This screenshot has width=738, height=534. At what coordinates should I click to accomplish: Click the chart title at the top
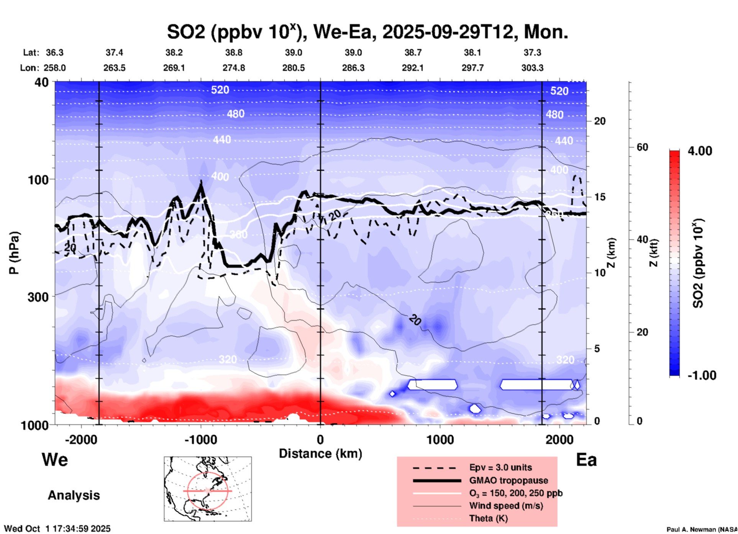(367, 32)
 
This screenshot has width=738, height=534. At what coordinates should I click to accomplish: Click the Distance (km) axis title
(320, 454)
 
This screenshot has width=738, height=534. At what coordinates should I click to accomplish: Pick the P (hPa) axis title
(14, 253)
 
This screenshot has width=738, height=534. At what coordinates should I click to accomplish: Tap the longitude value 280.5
(294, 68)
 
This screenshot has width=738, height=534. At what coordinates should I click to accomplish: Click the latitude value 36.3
(54, 52)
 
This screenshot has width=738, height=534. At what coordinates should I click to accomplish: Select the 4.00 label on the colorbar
(700, 151)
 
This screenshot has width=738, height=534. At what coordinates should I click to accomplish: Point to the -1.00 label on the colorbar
(702, 375)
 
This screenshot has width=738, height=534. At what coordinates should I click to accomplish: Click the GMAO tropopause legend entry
(508, 480)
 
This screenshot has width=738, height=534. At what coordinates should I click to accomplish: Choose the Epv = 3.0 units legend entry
(500, 467)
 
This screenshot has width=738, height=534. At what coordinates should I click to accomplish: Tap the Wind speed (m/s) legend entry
(506, 506)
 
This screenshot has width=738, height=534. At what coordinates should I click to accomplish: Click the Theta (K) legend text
(488, 518)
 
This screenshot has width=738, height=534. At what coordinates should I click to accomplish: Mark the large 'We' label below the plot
(55, 459)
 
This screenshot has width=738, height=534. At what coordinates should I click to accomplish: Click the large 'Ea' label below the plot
(586, 460)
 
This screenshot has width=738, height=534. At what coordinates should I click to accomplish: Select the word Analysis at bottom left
(74, 495)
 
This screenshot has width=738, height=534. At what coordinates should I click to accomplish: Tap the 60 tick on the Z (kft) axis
(642, 147)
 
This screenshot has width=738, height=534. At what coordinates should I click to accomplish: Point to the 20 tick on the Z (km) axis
(600, 121)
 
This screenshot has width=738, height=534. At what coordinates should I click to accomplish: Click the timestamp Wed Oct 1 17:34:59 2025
(57, 529)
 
